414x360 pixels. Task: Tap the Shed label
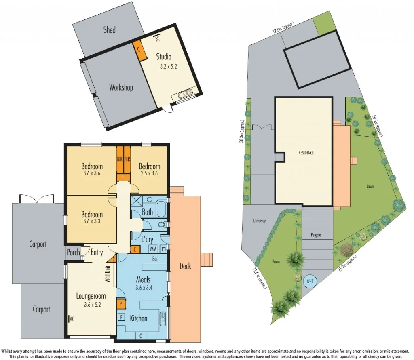(109, 29)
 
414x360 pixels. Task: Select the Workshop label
(121, 87)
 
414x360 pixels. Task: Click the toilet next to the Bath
(162, 225)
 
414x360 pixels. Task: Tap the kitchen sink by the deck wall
(163, 319)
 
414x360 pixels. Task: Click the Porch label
(73, 253)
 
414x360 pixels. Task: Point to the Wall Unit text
(108, 274)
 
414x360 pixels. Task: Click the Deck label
(185, 266)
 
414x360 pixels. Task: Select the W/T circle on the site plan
(310, 280)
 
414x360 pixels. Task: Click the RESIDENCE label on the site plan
(306, 153)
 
